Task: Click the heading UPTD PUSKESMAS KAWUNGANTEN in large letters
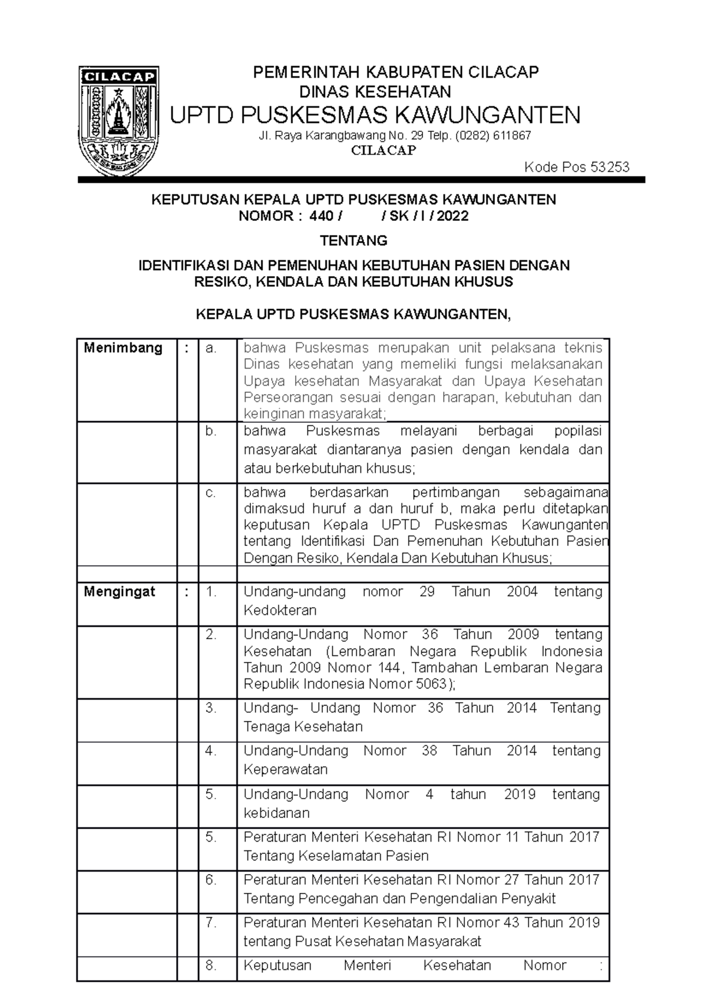pos(375,114)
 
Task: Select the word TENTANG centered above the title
pos(353,240)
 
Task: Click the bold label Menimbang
pos(123,347)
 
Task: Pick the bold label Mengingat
pos(120,591)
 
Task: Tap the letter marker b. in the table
pos(211,431)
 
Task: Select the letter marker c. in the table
pos(211,493)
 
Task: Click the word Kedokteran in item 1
pos(280,610)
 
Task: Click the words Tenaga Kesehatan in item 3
pos(303,727)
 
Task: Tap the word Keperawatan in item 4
pos(286,770)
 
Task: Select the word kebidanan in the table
pos(276,813)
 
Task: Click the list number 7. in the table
pos(211,922)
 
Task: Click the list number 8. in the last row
pos(211,965)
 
